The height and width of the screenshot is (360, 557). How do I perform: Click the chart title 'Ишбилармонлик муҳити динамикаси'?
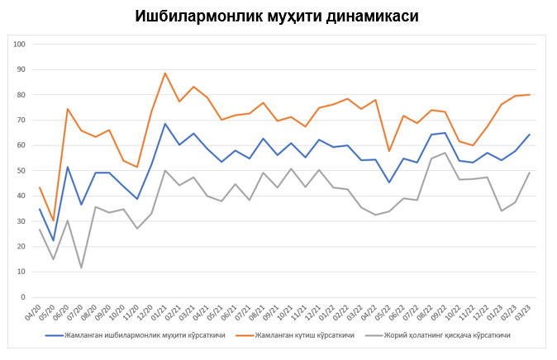click(278, 16)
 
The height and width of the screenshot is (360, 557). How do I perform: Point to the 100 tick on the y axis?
click(21, 44)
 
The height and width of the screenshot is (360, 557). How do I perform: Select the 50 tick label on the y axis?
click(22, 171)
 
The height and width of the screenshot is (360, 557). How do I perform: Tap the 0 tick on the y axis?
click(25, 297)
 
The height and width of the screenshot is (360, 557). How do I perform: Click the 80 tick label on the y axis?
click(22, 95)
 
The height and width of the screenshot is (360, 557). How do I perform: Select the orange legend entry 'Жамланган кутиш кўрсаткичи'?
click(302, 336)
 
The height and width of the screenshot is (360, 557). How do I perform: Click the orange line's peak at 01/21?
click(165, 73)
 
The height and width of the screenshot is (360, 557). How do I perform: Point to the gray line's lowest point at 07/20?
click(81, 268)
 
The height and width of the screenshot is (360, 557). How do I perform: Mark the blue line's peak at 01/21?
click(165, 124)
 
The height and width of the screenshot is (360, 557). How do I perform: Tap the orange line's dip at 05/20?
click(53, 221)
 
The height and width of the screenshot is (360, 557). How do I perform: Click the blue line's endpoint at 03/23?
click(529, 135)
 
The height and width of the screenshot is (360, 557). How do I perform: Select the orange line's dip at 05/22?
click(389, 151)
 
